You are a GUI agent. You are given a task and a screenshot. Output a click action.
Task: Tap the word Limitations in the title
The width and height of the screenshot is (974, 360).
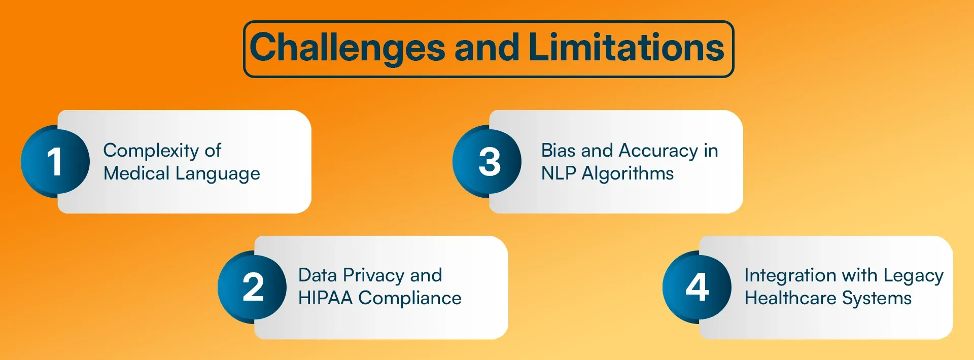[626, 47]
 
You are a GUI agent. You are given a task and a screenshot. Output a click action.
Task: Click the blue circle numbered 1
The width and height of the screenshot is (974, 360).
[55, 161]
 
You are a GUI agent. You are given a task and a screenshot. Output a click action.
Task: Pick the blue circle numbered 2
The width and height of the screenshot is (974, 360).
[252, 287]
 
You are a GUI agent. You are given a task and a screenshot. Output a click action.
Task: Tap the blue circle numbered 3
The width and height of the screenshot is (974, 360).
[487, 161]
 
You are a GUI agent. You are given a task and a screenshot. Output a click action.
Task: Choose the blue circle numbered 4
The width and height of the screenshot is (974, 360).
[697, 287]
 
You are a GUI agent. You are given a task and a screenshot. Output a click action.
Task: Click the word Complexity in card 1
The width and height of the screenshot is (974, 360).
[151, 151]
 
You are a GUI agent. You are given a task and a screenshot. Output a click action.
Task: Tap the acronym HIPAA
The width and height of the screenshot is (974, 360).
[325, 298]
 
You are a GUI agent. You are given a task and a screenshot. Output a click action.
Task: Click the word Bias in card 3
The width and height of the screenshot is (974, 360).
[559, 151]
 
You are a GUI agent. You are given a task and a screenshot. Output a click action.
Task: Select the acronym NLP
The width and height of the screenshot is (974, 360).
[559, 173]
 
